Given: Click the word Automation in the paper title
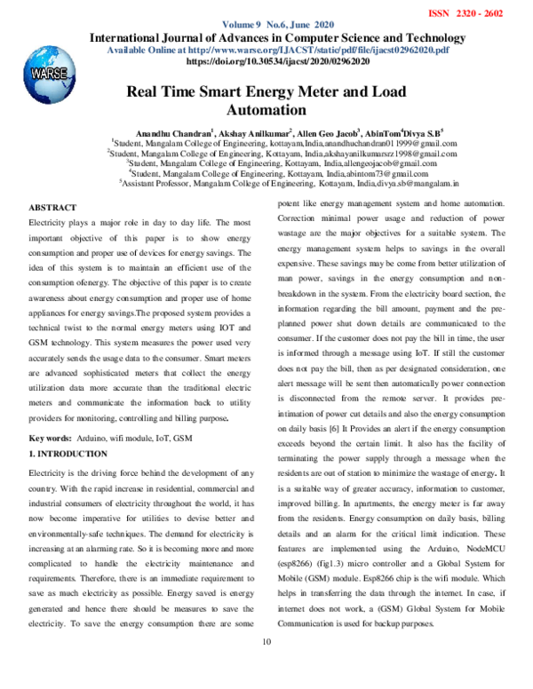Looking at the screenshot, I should pyautogui.click(x=266, y=111).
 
